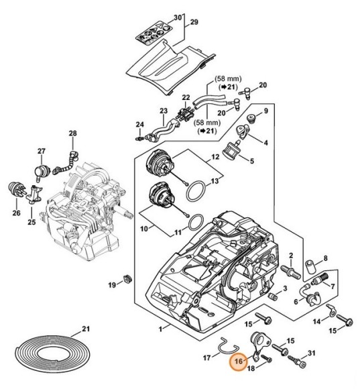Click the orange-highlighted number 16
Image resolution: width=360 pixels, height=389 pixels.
[239, 362]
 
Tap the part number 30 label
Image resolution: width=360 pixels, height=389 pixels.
[178, 18]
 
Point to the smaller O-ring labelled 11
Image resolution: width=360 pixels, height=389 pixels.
[196, 222]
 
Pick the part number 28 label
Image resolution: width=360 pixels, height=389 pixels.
[72, 133]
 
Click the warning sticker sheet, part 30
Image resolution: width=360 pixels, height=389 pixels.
[154, 33]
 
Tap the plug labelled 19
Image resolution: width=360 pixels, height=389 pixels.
[128, 279]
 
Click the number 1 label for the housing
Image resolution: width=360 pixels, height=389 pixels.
[160, 329]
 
